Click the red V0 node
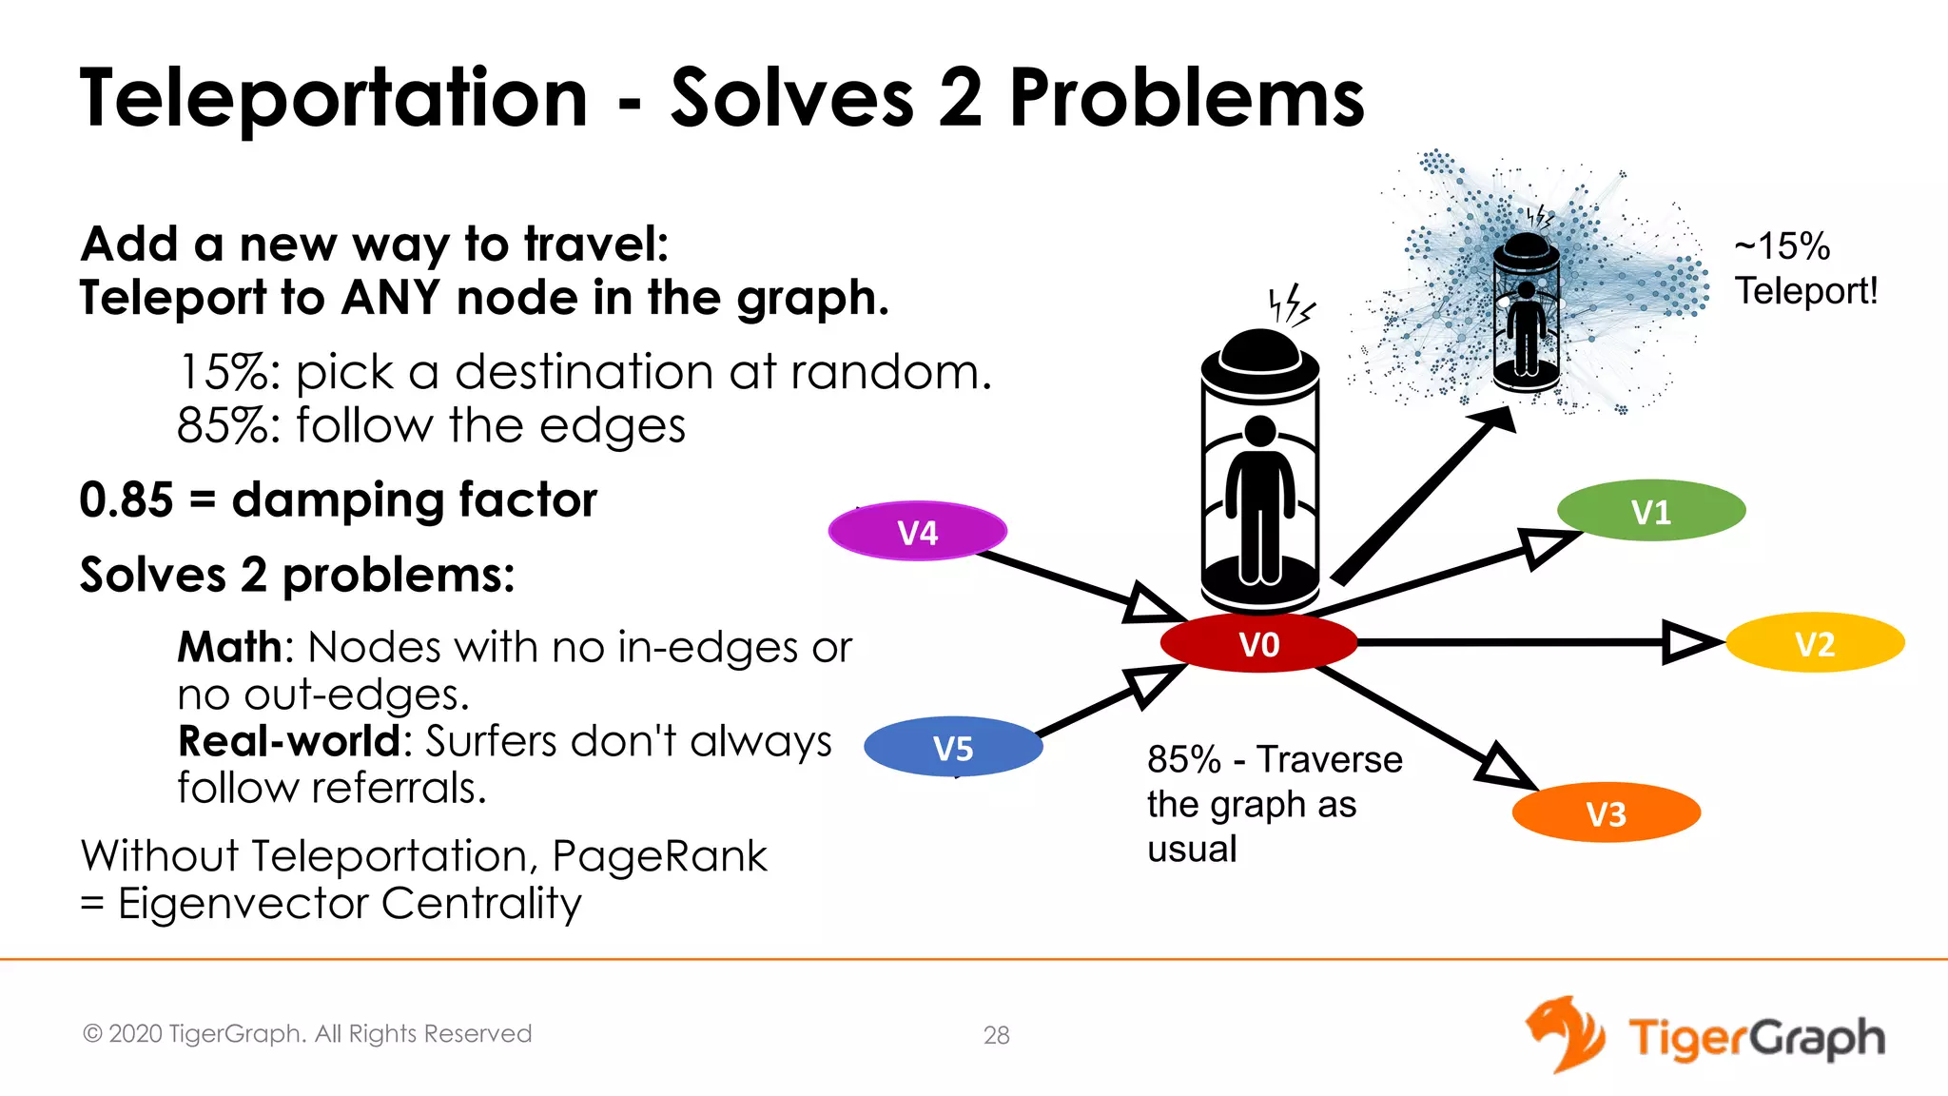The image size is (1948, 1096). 1258,643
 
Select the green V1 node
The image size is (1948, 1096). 1651,511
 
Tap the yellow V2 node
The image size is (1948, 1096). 1815,643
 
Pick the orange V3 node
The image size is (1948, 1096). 1607,813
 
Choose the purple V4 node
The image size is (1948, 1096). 918,532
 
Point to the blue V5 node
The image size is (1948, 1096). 953,748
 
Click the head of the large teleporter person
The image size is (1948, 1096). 1260,431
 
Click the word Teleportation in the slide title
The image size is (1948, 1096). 334,98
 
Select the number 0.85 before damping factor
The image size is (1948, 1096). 127,500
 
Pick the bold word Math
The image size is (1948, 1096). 229,648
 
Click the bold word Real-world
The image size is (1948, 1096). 289,741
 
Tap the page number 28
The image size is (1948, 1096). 996,1035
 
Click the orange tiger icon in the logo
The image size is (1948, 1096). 1565,1034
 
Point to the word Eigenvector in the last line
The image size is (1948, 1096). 242,904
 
